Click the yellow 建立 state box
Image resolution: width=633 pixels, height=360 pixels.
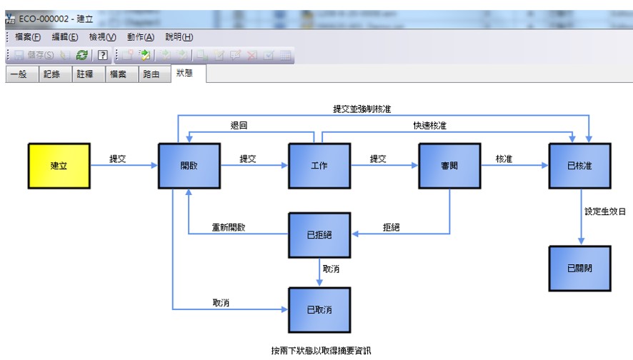[x=59, y=166]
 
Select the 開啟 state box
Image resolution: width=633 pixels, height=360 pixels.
[x=189, y=166]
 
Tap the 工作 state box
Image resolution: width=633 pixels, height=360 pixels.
[x=319, y=166]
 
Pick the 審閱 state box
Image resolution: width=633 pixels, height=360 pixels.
[x=449, y=166]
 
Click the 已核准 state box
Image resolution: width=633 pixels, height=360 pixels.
[x=579, y=166]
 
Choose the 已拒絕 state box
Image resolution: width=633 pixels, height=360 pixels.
[x=319, y=235]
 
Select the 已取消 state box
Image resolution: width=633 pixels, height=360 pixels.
[x=319, y=310]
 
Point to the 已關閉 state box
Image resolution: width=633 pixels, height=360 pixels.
[x=579, y=269]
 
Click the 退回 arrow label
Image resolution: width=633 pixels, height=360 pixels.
[x=239, y=126]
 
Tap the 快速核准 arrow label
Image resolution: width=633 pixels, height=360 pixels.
[x=429, y=126]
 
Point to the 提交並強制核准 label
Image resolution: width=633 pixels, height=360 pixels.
[x=362, y=109]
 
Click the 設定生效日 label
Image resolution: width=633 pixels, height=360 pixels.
[x=604, y=211]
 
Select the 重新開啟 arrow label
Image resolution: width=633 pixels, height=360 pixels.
[x=229, y=227]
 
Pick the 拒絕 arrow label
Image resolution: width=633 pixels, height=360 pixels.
[x=392, y=227]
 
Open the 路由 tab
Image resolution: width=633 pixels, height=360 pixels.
[x=151, y=74]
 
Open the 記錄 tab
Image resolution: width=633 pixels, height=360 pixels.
[x=51, y=74]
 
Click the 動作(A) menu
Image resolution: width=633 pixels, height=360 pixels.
[x=141, y=37]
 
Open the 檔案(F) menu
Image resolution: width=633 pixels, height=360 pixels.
[x=28, y=37]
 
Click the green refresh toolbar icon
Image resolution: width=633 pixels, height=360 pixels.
[x=82, y=55]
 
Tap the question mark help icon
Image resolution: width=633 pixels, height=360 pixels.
[x=103, y=55]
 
